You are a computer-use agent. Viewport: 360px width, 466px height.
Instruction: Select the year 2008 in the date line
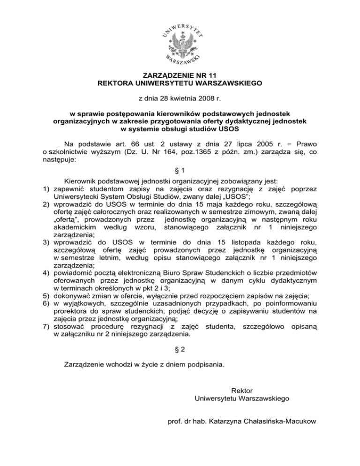208,98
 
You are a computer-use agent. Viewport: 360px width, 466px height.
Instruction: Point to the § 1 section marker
180,172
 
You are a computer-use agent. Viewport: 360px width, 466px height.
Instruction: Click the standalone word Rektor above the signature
242,390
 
